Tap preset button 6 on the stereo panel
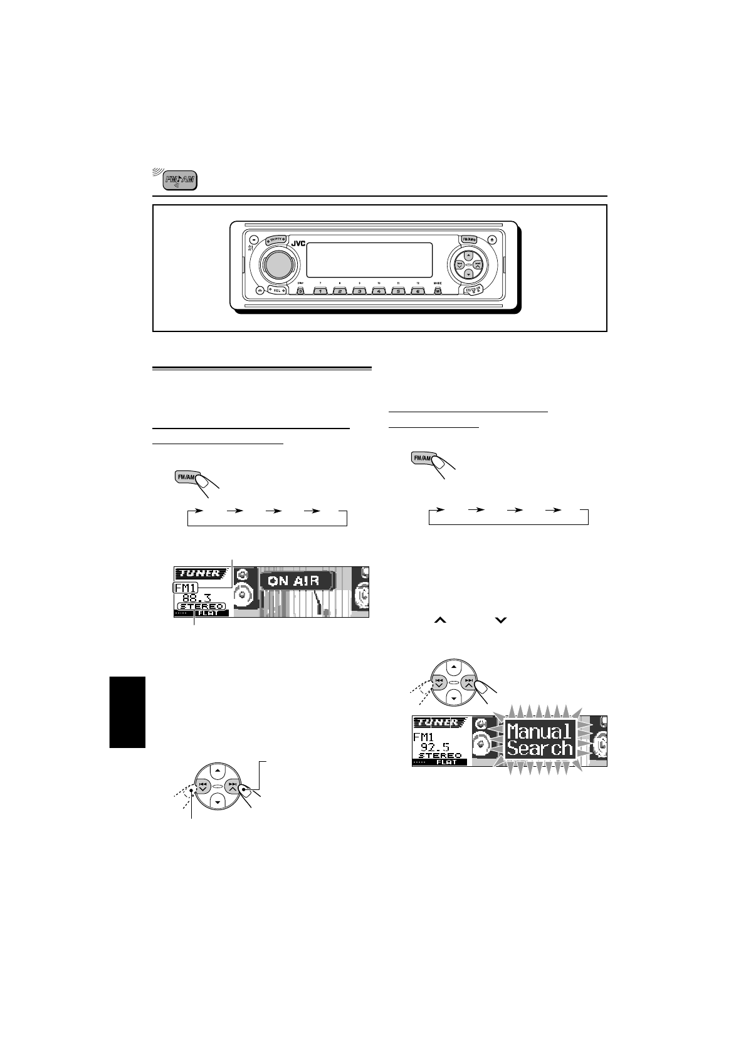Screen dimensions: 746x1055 418,291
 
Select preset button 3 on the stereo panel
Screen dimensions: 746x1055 359,291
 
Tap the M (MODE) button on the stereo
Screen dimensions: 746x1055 438,291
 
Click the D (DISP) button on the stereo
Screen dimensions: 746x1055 300,291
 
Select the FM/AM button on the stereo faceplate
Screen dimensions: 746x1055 469,239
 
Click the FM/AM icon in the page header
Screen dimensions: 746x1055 179,180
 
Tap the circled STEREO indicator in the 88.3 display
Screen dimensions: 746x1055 201,606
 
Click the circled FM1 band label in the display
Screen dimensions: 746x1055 186,588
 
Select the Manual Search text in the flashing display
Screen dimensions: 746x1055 540,739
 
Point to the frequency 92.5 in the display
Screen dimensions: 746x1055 435,747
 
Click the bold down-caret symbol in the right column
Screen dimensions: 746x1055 500,620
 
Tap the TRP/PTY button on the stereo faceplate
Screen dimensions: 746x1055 275,239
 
